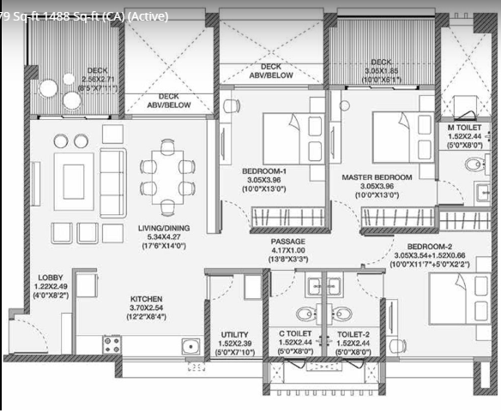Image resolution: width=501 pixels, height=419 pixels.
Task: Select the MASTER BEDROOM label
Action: point(377,177)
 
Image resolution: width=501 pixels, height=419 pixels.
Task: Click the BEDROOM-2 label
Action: point(426,244)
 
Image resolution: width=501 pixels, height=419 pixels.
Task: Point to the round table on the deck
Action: point(65,87)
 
